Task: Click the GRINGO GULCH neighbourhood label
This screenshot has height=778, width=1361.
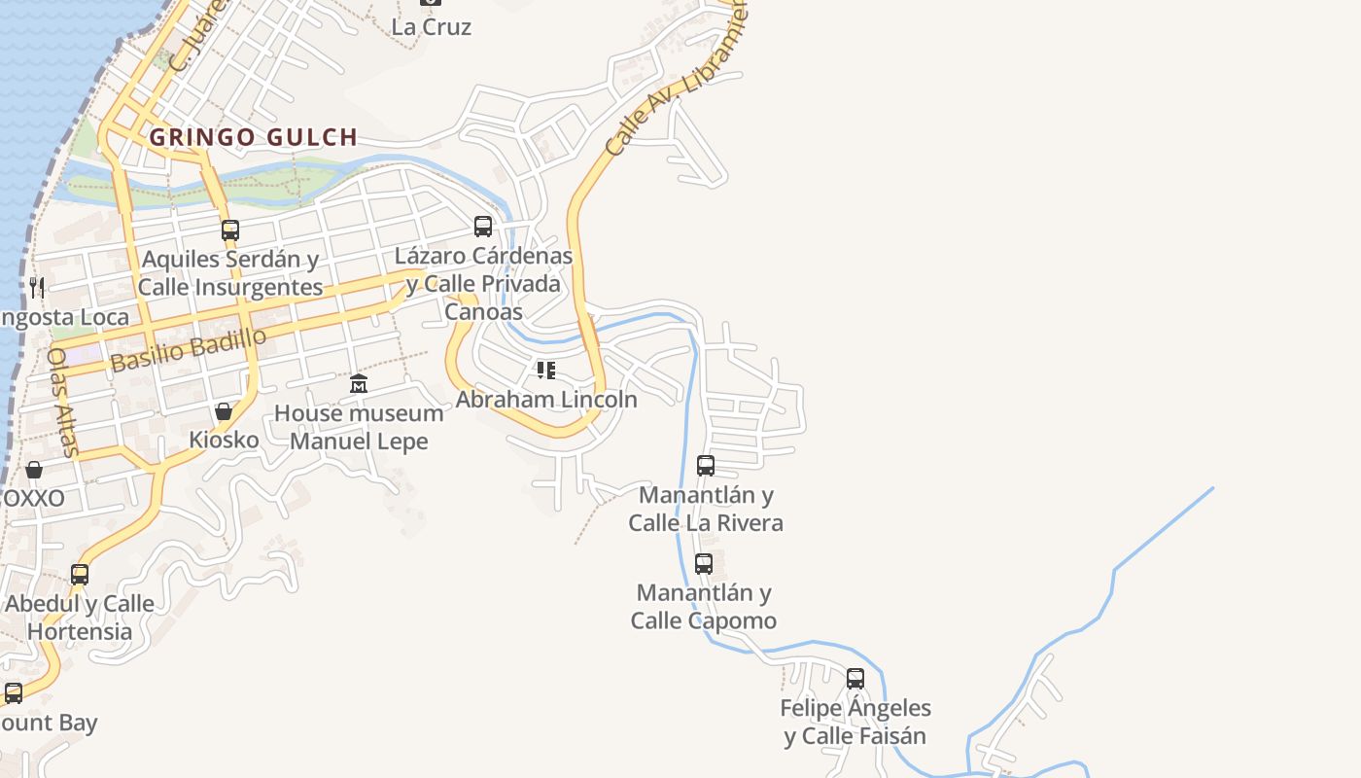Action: pos(254,137)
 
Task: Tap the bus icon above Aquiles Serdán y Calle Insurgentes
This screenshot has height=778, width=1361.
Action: pos(230,230)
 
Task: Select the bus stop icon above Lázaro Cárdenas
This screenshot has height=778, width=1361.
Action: pos(483,227)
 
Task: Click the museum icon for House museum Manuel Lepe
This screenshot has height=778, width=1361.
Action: pos(359,383)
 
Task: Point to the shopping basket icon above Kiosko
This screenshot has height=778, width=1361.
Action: pos(224,411)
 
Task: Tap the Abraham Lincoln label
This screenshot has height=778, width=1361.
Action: pos(546,399)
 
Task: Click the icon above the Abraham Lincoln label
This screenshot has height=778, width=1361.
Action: pos(546,370)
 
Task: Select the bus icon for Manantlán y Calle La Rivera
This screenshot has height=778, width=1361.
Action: pos(706,466)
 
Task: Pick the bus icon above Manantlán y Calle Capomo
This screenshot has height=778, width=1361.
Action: pos(704,563)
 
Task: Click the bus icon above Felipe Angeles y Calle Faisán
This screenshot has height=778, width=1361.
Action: pos(855,679)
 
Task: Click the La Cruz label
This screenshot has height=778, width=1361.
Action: pos(432,27)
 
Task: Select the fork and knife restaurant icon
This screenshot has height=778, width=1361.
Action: pos(37,287)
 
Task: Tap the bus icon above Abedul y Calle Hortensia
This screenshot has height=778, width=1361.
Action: pos(80,575)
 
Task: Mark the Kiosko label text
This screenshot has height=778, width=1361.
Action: pos(224,440)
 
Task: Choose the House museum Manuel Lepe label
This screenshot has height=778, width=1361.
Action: pos(359,427)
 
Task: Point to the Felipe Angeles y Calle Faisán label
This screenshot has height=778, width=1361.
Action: pos(855,722)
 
